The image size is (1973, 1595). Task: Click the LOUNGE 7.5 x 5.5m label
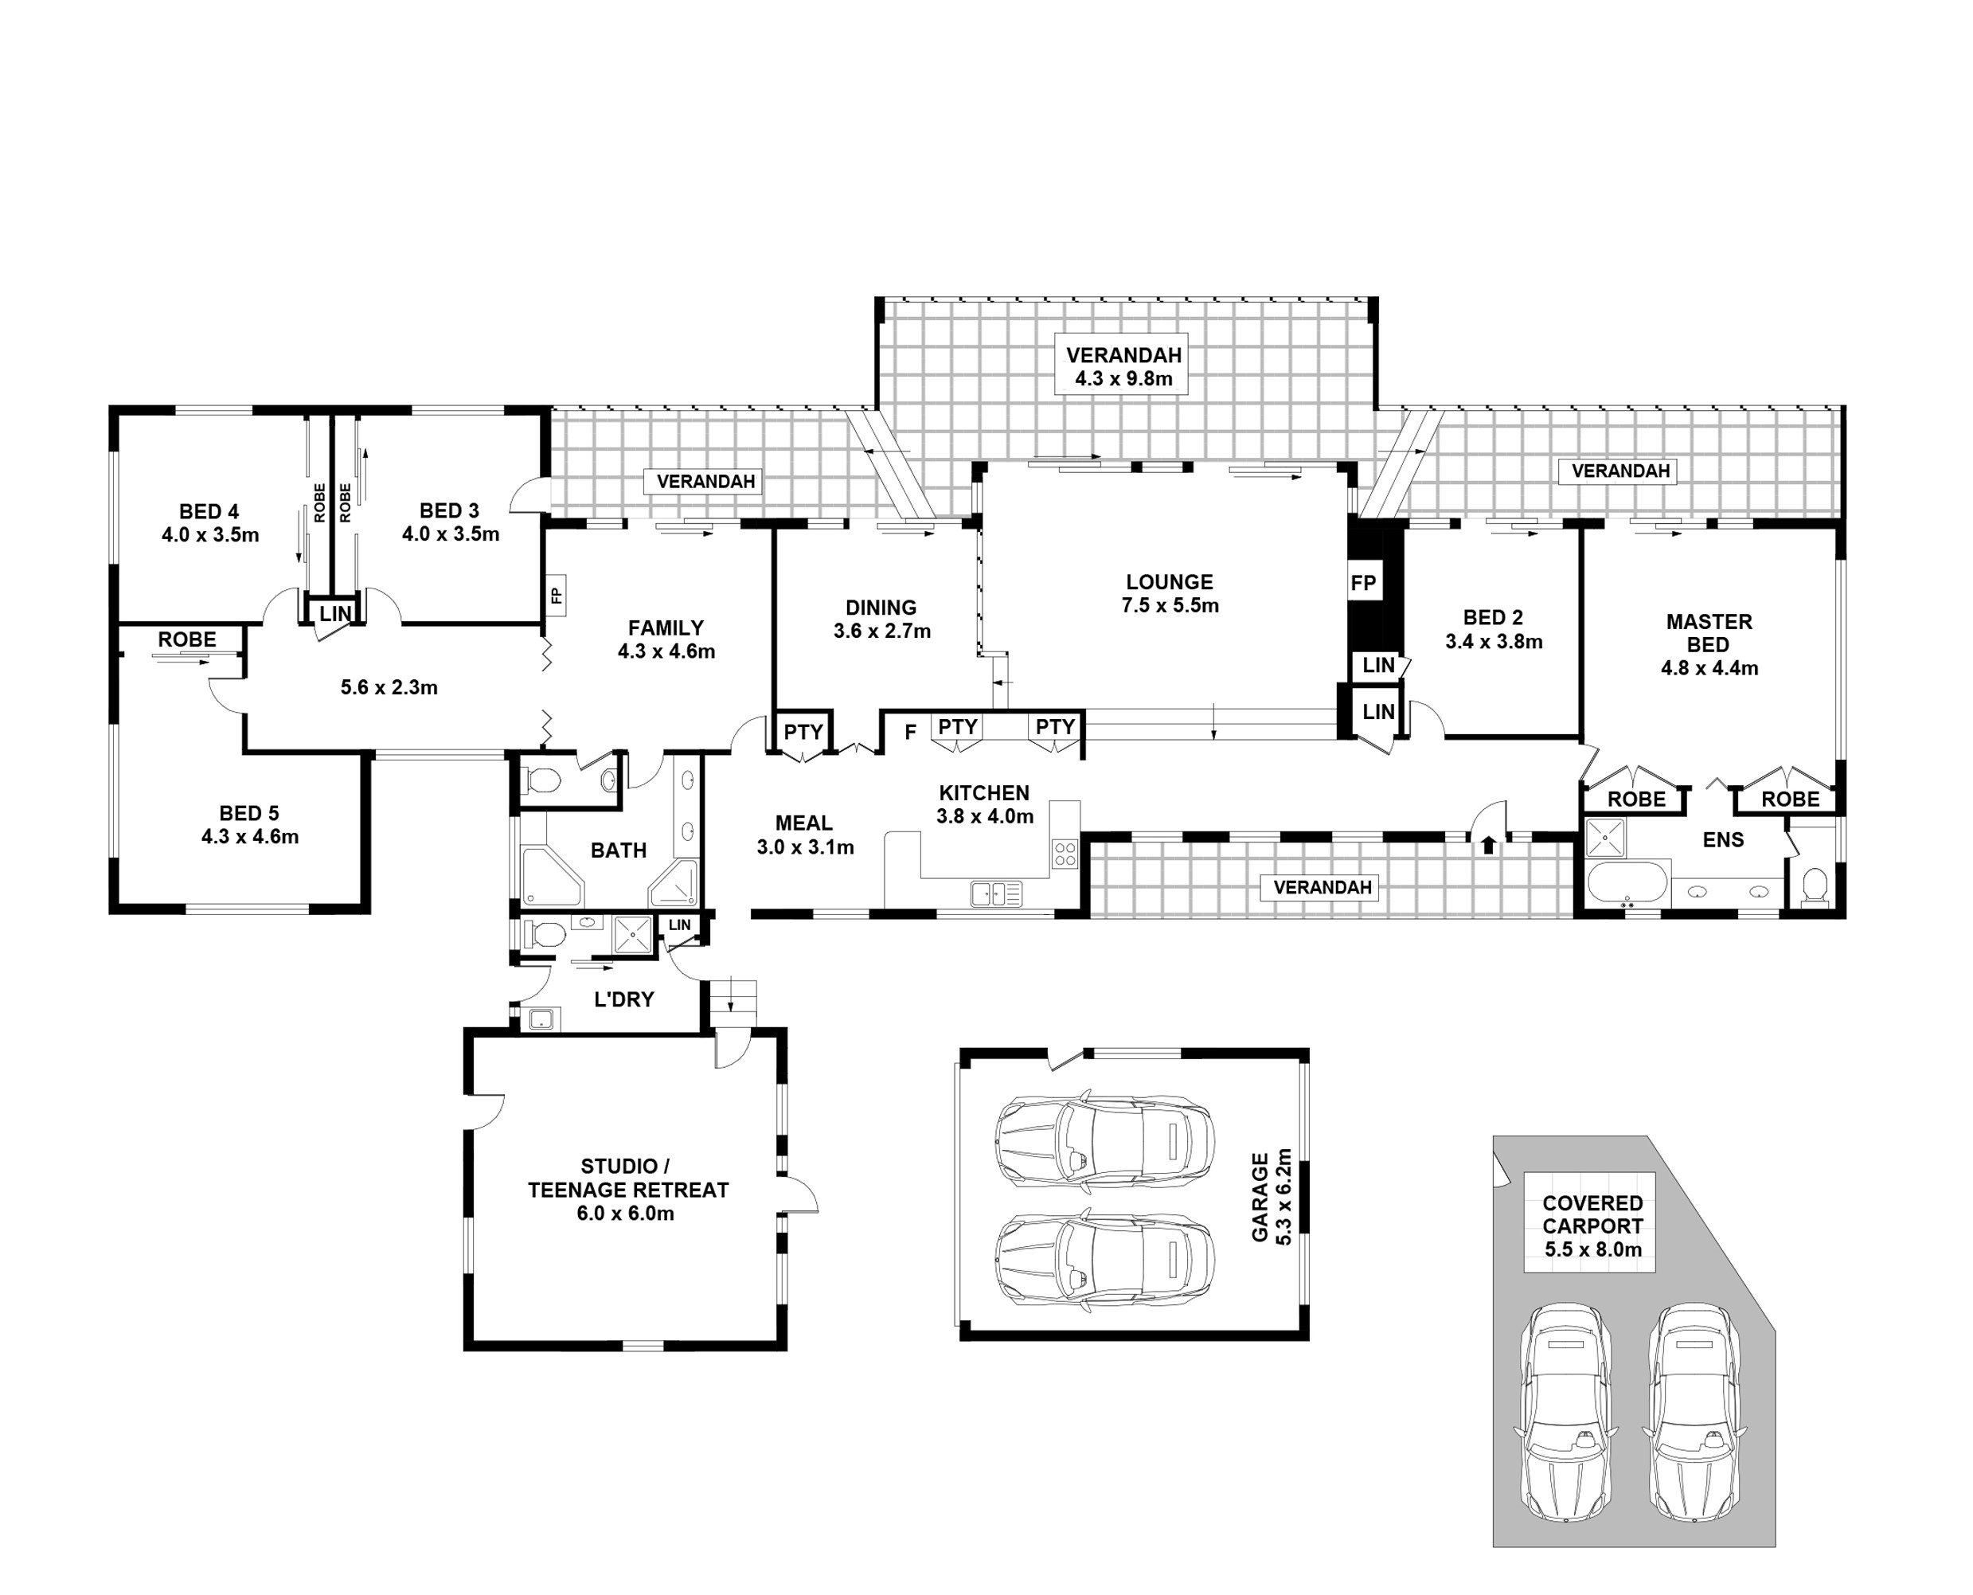[x=1170, y=593]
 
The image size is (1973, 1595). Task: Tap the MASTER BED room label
[x=1709, y=644]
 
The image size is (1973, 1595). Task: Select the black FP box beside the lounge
[x=1363, y=584]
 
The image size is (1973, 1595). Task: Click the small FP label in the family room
[x=556, y=596]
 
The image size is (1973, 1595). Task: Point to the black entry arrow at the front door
[x=1488, y=843]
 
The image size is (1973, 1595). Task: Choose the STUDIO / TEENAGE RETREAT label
[x=627, y=1189]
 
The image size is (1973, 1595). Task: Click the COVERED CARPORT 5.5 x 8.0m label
[x=1592, y=1226]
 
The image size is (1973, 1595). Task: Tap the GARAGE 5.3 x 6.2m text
[x=1272, y=1197]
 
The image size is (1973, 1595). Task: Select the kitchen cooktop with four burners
[x=1065, y=854]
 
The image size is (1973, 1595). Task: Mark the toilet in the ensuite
[x=1814, y=885]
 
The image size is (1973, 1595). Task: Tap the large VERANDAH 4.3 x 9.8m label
[x=1123, y=366]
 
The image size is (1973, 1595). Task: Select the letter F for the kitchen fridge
[x=910, y=733]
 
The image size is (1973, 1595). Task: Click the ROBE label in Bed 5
[x=187, y=639]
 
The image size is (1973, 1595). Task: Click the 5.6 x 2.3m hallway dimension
[x=389, y=687]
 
